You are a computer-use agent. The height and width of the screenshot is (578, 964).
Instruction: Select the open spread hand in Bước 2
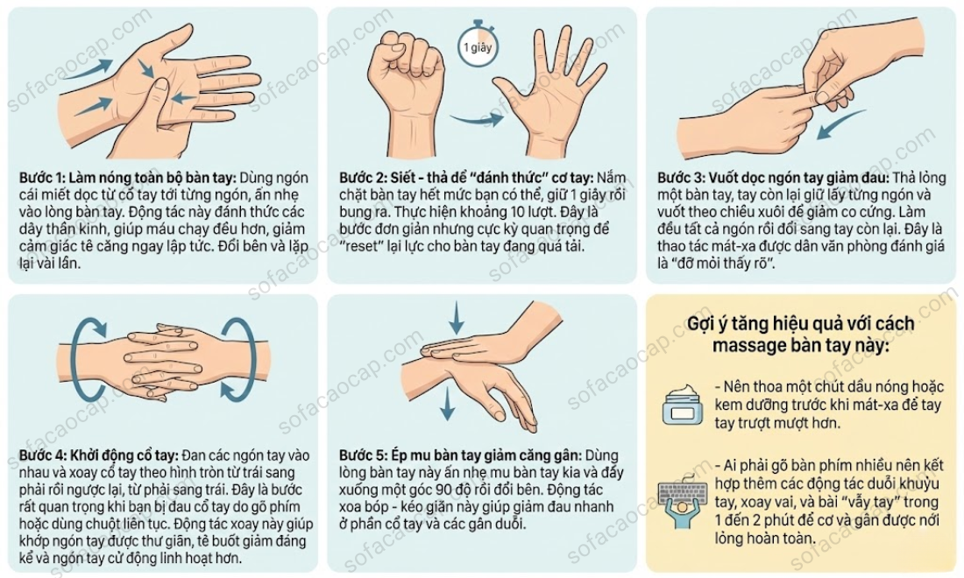pyautogui.click(x=551, y=92)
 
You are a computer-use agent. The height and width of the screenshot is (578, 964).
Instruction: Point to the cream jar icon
pyautogui.click(x=683, y=405)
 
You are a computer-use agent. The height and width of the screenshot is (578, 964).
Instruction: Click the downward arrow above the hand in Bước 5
pyautogui.click(x=457, y=318)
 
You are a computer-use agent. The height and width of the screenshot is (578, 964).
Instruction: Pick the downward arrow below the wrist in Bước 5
pyautogui.click(x=448, y=404)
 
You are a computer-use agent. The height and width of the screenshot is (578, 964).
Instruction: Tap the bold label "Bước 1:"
pyautogui.click(x=42, y=178)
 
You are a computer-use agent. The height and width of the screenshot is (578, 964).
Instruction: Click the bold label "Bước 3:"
pyautogui.click(x=681, y=178)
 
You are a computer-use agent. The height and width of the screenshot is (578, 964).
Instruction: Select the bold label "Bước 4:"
pyautogui.click(x=42, y=455)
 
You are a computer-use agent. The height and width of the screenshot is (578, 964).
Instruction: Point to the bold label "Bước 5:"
pyautogui.click(x=363, y=455)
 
